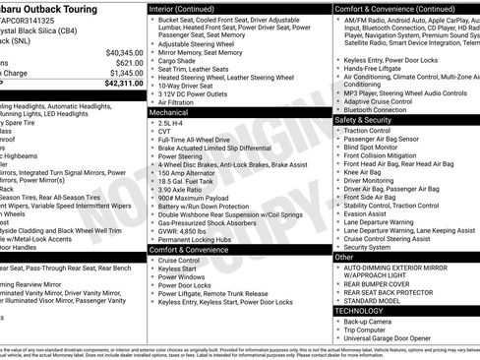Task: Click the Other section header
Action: pyautogui.click(x=344, y=257)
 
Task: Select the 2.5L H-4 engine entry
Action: pyautogui.click(x=174, y=124)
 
